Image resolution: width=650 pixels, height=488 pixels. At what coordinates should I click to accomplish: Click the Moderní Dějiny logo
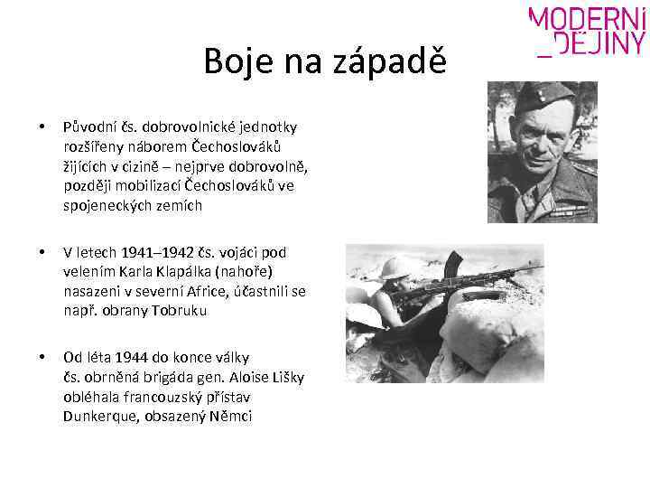tap(587, 33)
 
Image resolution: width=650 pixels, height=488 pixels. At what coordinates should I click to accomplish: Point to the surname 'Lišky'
tap(287, 377)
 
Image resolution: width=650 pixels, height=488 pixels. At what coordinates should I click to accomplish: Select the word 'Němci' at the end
tap(232, 416)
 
